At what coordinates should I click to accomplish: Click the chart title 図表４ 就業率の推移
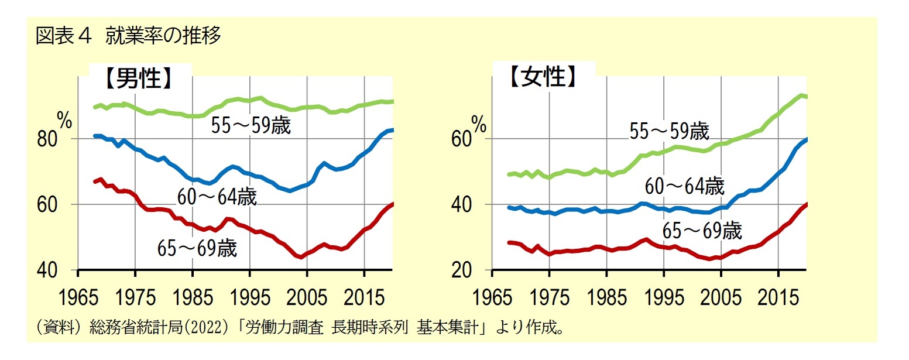(x=129, y=36)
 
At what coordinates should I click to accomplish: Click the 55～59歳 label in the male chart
(x=251, y=126)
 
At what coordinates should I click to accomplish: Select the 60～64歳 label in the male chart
(x=217, y=197)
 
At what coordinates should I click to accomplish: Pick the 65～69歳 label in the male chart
(x=197, y=248)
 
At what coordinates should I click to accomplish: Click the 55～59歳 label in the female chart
(x=670, y=131)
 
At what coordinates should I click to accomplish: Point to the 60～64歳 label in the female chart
(x=684, y=186)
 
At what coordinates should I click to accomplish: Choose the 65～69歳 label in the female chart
(x=702, y=231)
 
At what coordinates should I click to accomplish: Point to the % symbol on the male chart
(x=64, y=122)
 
